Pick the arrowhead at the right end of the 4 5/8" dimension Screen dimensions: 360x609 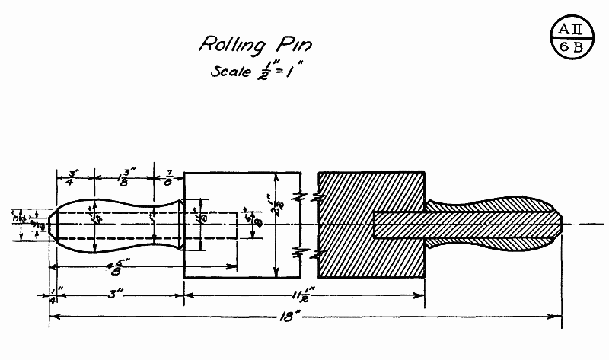click(x=231, y=266)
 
